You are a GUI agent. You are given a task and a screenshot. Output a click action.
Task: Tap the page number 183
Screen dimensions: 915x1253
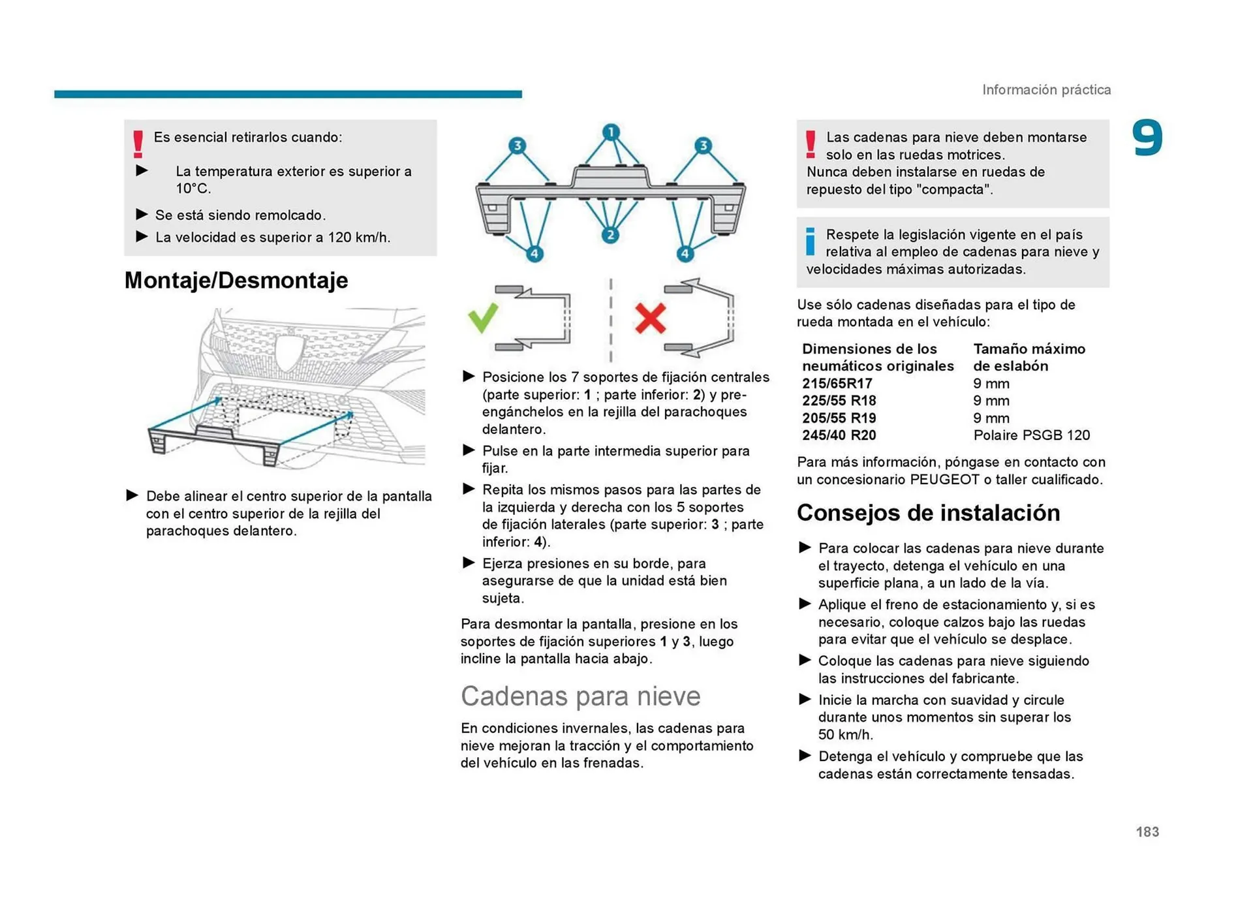(1147, 831)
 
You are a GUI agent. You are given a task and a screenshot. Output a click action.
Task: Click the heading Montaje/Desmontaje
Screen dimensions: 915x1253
(236, 281)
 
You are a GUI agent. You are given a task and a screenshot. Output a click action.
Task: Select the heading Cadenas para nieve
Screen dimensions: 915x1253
(580, 696)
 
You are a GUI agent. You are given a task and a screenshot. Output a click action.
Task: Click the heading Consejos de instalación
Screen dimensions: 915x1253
(928, 513)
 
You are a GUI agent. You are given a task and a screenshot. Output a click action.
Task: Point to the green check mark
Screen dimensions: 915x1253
(483, 318)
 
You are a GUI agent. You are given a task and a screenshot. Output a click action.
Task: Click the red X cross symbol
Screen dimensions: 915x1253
(650, 318)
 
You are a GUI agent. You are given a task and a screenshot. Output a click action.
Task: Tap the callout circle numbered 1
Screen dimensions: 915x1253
(610, 132)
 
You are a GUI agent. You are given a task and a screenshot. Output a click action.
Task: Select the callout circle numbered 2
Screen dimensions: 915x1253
(610, 235)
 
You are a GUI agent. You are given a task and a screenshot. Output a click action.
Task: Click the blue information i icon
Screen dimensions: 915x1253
(810, 241)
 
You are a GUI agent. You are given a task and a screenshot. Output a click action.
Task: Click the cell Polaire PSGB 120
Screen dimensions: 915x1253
(1031, 435)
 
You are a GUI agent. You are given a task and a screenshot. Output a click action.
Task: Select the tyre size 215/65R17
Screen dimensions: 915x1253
(837, 384)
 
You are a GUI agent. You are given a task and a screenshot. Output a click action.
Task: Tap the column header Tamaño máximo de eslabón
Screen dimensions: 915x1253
(1029, 358)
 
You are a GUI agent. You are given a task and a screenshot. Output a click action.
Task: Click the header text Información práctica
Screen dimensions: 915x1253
(1046, 90)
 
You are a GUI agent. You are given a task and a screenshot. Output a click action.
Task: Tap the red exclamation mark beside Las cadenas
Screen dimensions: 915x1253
(810, 144)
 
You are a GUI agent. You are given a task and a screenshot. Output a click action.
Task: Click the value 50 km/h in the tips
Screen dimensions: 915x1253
(844, 735)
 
